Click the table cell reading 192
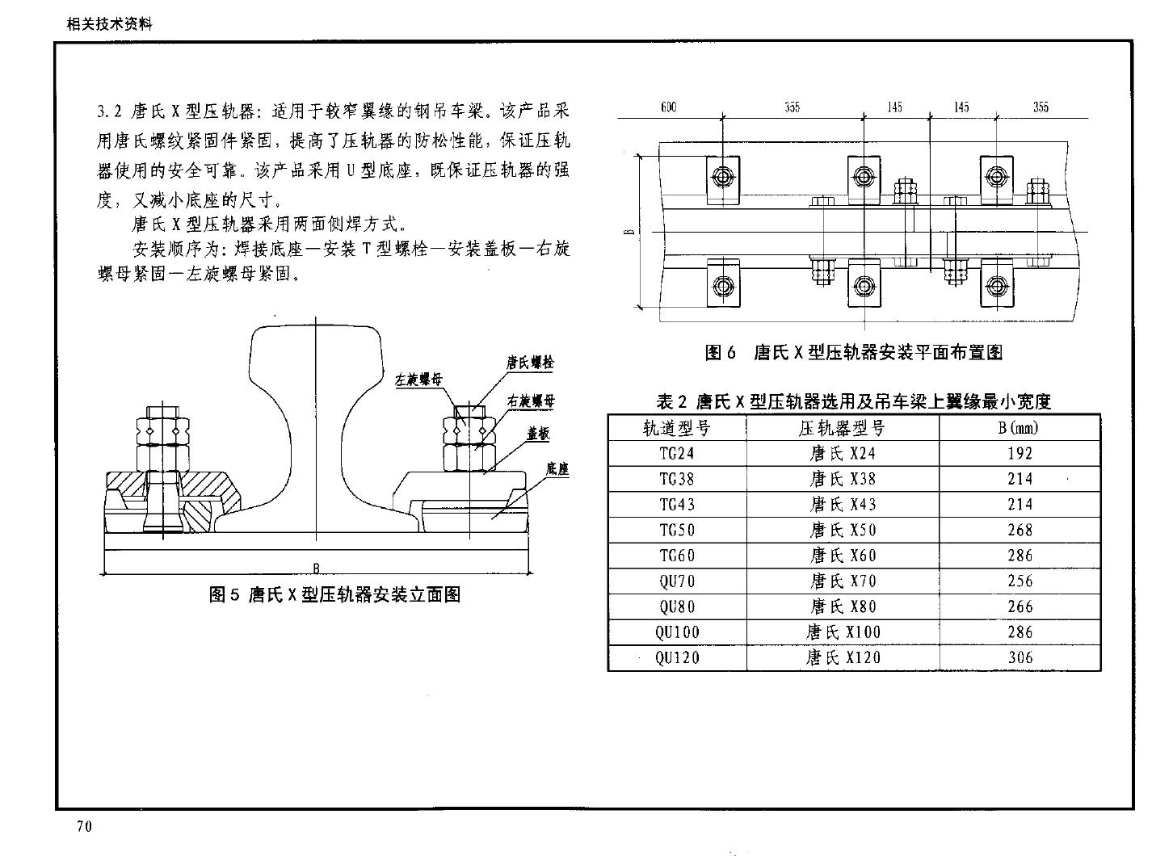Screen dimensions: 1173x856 pos(1020,453)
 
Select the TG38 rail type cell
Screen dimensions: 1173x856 pos(676,479)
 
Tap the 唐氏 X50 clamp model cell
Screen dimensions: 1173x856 pos(843,530)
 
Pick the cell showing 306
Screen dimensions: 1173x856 pos(1020,657)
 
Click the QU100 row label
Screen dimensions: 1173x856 pos(677,632)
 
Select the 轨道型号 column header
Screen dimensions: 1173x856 pos(676,429)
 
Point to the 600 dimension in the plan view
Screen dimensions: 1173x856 pos(669,107)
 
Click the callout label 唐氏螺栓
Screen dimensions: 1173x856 pos(530,363)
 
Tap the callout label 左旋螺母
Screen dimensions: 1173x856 pos(418,380)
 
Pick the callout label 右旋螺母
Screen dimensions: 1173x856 pos(531,401)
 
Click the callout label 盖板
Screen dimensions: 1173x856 pos(538,434)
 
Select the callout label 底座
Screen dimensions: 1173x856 pos(557,469)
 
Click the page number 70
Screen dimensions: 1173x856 pos(84,826)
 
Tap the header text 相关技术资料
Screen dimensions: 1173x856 pos(109,24)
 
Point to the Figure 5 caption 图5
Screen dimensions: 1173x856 pos(224,594)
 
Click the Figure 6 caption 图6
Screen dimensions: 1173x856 pos(720,352)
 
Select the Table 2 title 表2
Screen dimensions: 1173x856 pos(671,401)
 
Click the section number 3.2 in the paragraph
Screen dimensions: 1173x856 pos(109,111)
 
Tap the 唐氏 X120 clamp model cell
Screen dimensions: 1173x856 pos(843,657)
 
